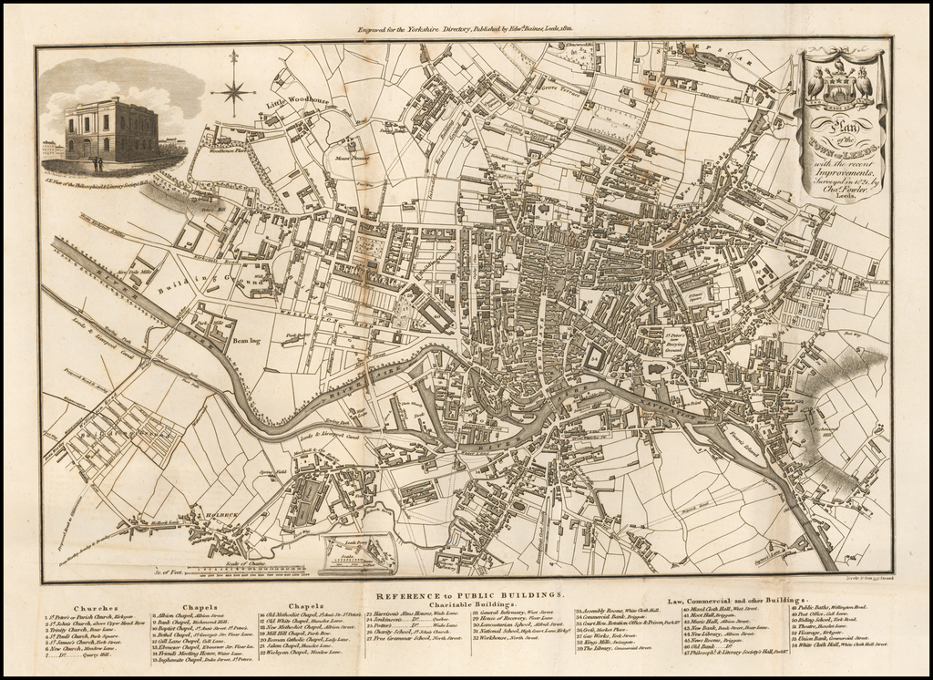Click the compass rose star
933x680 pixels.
click(x=234, y=89)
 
